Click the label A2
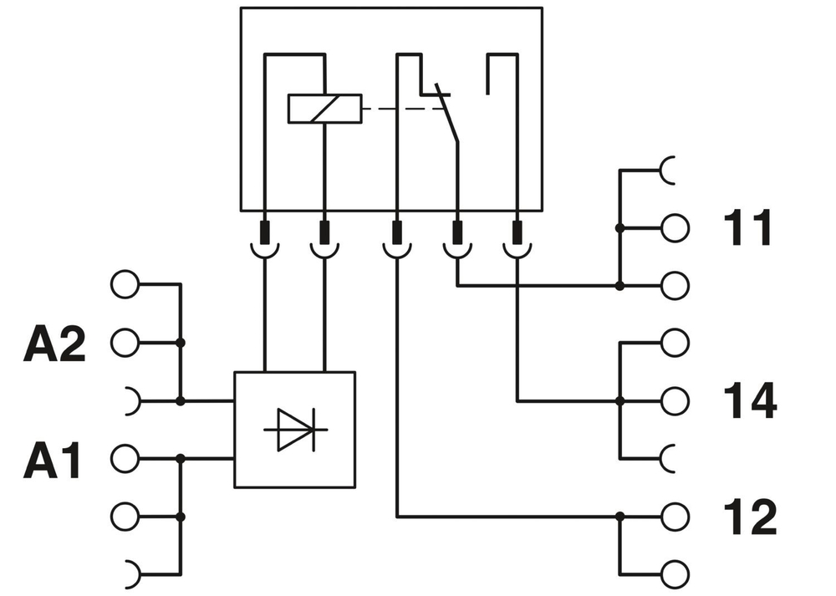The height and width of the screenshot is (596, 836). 54,344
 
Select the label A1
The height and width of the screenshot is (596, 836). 53,461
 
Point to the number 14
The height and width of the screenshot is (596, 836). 748,401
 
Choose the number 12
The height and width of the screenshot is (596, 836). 748,517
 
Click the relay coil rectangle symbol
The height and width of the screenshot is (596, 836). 324,109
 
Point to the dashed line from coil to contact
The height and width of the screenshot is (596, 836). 396,109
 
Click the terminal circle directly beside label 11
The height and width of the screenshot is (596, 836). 675,227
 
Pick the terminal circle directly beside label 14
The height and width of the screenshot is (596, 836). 675,401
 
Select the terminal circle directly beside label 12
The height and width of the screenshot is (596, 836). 675,517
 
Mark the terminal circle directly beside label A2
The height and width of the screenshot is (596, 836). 124,342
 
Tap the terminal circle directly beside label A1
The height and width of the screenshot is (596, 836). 124,458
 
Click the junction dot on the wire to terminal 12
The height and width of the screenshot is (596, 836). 619,517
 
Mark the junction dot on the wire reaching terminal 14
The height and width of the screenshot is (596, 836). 619,401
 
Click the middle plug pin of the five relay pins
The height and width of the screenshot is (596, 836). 395,231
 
